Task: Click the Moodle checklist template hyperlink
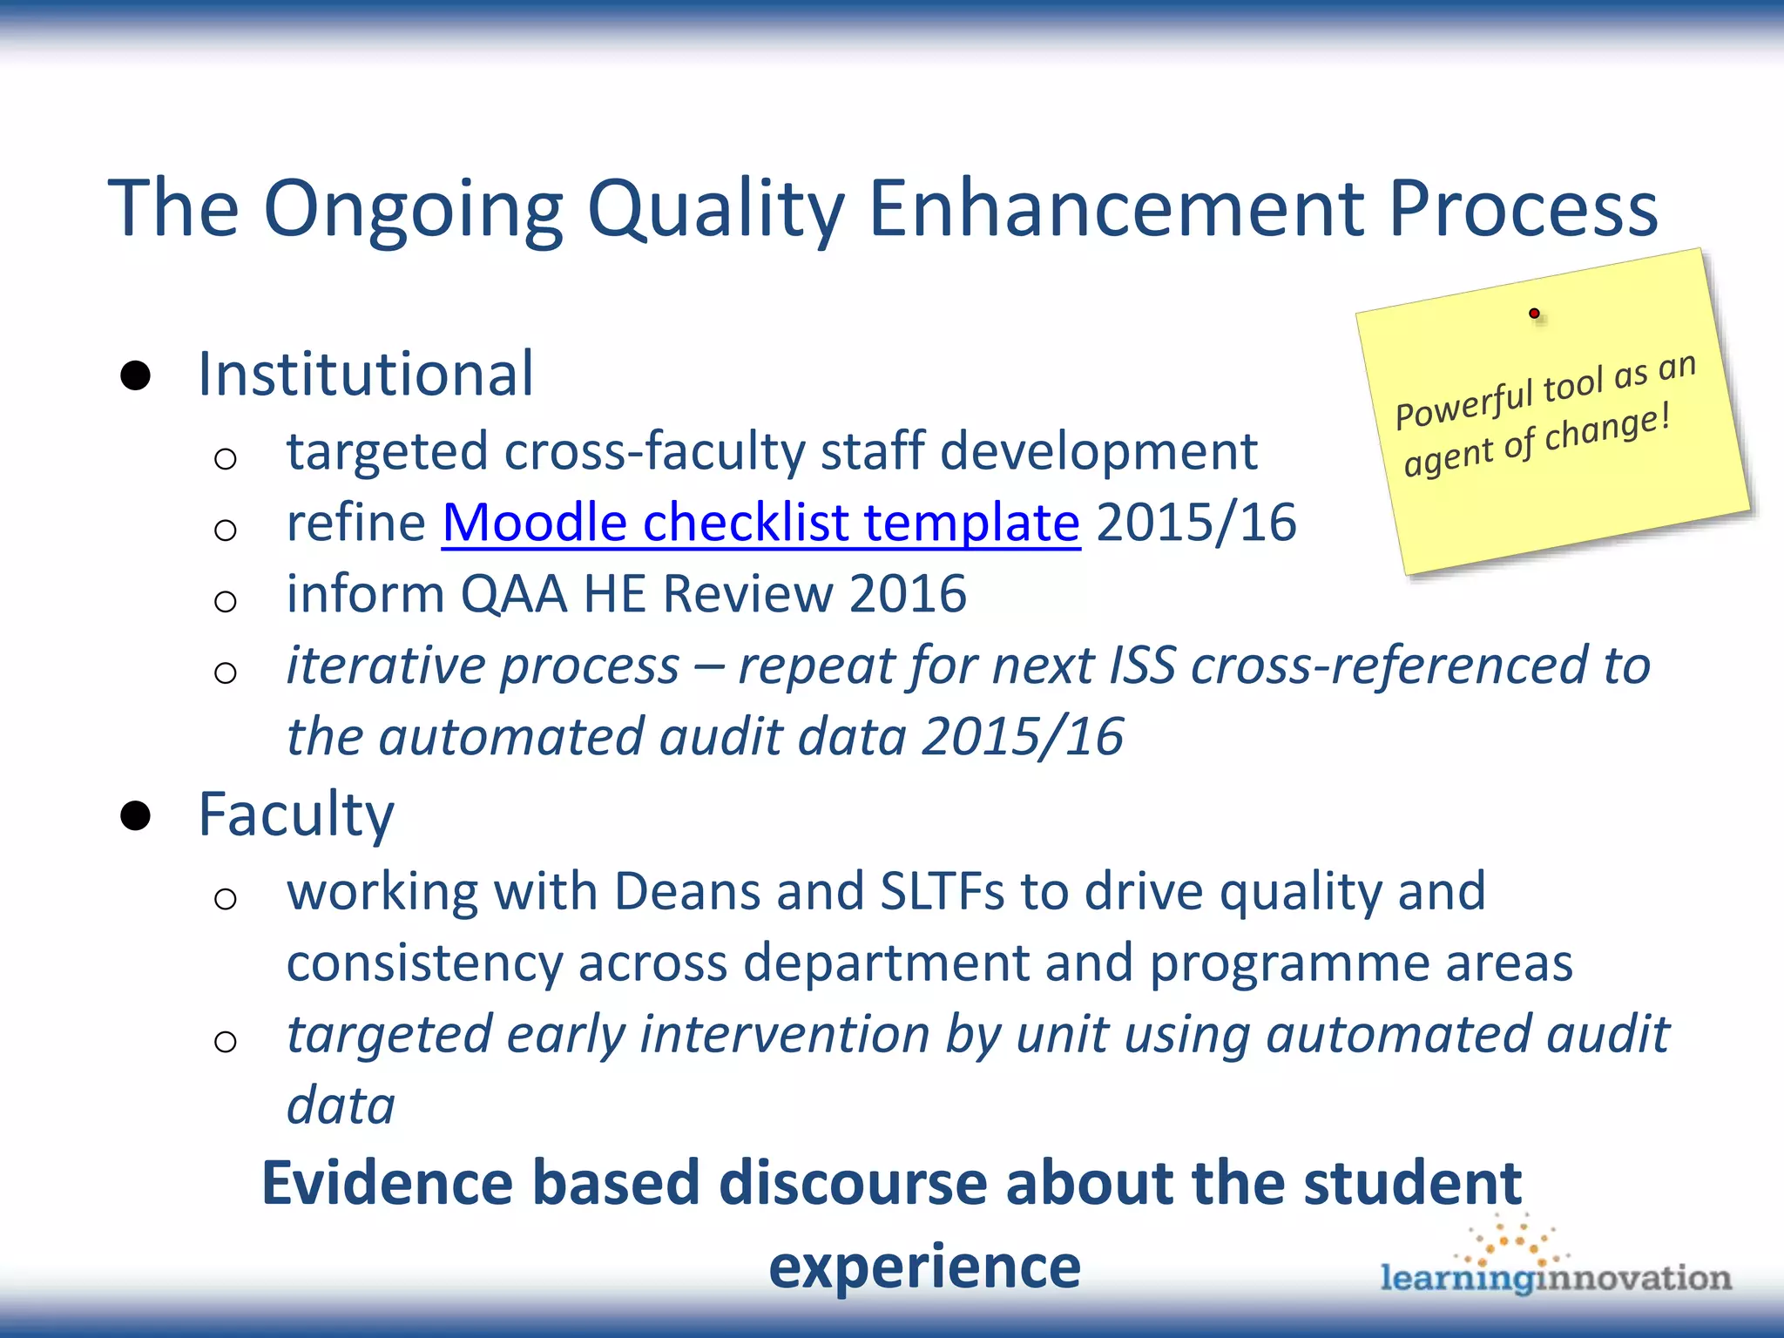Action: (760, 523)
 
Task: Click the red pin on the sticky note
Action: (1534, 313)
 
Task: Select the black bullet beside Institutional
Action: (136, 375)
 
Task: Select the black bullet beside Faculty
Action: (136, 815)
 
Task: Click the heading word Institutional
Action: (365, 375)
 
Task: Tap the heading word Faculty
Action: (295, 815)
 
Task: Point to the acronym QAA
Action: (513, 594)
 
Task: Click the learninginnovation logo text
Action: (1555, 1278)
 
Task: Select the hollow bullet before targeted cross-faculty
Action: (226, 458)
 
